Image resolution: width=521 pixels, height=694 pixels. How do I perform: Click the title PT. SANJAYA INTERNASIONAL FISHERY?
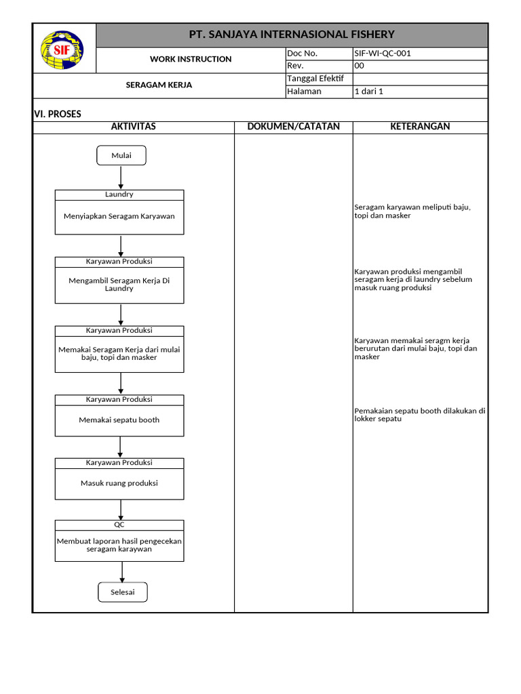click(x=292, y=35)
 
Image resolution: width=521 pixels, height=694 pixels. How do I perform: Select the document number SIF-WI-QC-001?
click(x=382, y=54)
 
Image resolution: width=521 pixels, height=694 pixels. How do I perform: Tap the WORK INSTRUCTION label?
click(x=191, y=60)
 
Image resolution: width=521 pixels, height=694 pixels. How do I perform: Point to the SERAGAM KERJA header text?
click(x=159, y=85)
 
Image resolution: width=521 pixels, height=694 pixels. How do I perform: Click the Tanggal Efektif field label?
click(x=315, y=79)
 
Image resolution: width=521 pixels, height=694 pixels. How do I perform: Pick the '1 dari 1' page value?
click(x=369, y=91)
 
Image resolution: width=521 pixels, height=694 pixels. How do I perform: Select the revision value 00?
click(x=360, y=66)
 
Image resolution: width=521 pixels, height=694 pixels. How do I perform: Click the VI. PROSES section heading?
click(x=58, y=114)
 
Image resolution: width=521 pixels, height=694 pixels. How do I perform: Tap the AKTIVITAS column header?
click(x=134, y=127)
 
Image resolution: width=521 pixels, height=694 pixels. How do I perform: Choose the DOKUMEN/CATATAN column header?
click(x=293, y=127)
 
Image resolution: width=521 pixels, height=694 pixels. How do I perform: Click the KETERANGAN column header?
click(x=420, y=127)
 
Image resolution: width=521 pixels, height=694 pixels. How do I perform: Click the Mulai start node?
click(x=121, y=156)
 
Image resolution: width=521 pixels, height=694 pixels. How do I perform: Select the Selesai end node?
click(x=122, y=592)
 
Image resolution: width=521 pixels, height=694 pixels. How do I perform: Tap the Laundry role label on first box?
click(x=119, y=195)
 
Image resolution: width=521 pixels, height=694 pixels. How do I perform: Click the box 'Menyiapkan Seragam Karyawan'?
click(x=119, y=217)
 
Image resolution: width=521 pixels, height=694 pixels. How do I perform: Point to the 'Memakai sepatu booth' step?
click(x=119, y=420)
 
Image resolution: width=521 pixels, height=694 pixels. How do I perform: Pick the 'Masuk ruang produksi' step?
click(x=119, y=483)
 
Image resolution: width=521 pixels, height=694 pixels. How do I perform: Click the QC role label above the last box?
click(x=119, y=525)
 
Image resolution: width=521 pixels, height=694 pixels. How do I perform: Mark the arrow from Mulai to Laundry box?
click(x=121, y=178)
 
